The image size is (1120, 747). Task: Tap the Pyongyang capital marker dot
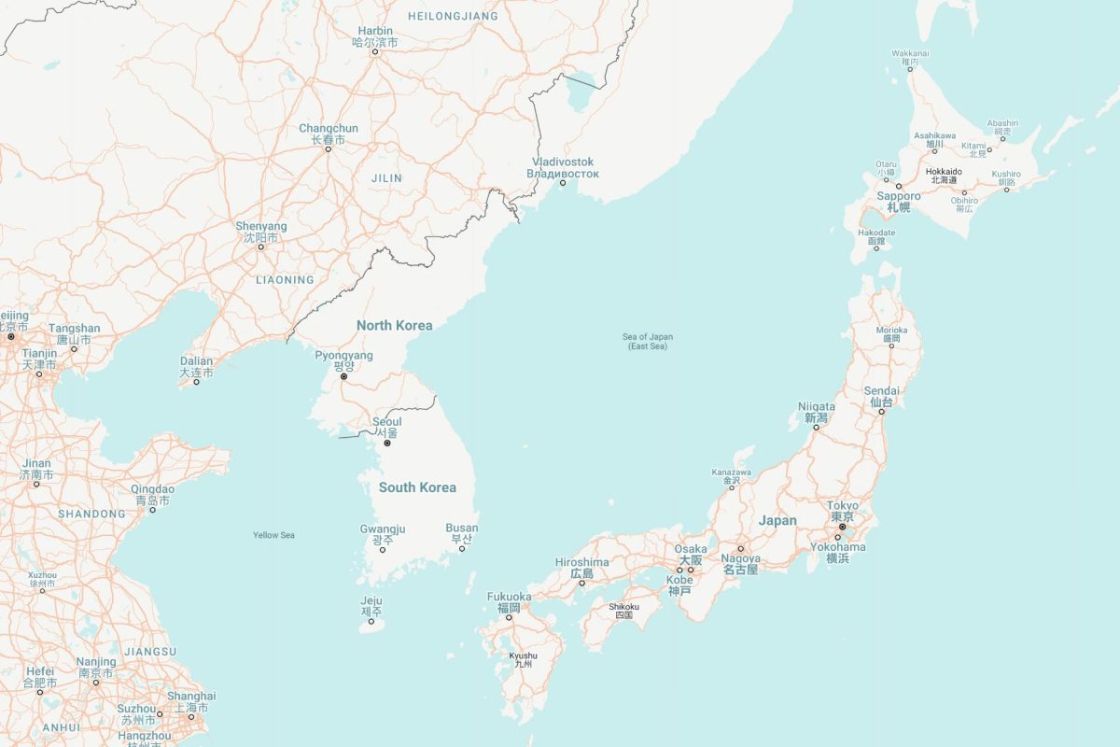click(x=343, y=376)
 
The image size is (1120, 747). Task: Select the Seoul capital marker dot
click(x=387, y=443)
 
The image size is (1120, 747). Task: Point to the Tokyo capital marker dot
click(x=842, y=527)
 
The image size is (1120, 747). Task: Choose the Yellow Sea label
click(x=273, y=535)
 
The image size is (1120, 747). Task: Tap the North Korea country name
click(x=394, y=325)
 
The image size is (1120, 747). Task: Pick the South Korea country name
click(x=417, y=487)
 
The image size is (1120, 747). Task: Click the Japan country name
click(x=777, y=520)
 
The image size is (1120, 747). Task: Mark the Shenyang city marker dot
click(x=261, y=247)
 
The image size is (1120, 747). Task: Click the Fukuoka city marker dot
click(x=509, y=617)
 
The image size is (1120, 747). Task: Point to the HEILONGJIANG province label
click(x=453, y=16)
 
